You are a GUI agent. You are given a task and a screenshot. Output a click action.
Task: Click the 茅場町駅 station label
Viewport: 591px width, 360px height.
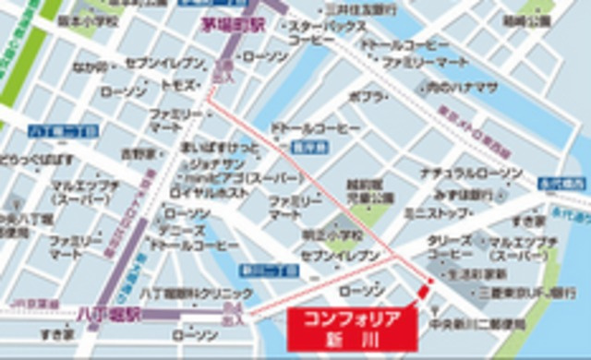click(x=234, y=26)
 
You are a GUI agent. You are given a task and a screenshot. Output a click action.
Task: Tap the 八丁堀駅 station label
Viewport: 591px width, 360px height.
click(x=108, y=314)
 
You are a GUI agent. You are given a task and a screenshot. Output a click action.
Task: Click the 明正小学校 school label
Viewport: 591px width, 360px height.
click(x=320, y=235)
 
